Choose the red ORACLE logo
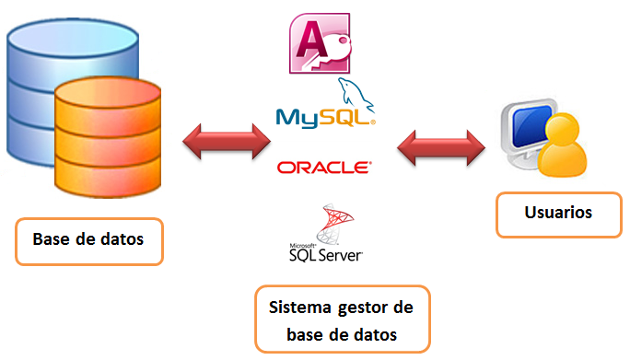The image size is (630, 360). pos(324,168)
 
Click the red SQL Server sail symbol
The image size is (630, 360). pos(332,225)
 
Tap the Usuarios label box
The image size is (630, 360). pos(557,214)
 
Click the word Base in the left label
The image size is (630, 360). pos(52,240)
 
